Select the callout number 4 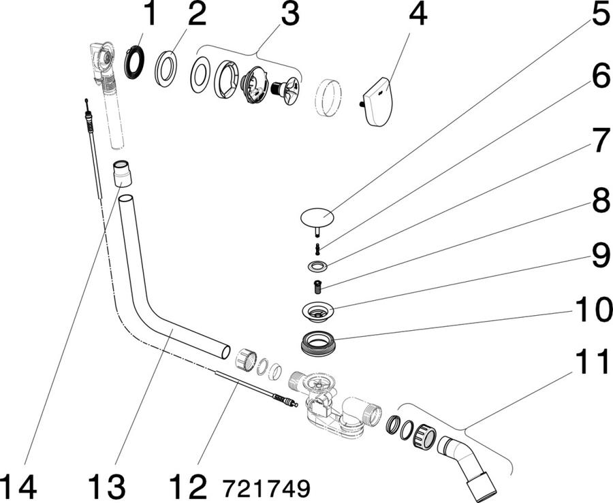point(418,14)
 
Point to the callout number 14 point(18,486)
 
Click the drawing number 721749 point(266,487)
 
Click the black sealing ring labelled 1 point(134,62)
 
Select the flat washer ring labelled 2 point(166,68)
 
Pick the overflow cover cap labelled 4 point(376,101)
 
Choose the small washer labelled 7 point(317,266)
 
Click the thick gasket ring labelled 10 point(317,342)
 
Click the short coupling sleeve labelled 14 point(122,174)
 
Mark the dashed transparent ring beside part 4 point(328,97)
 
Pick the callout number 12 point(187,486)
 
